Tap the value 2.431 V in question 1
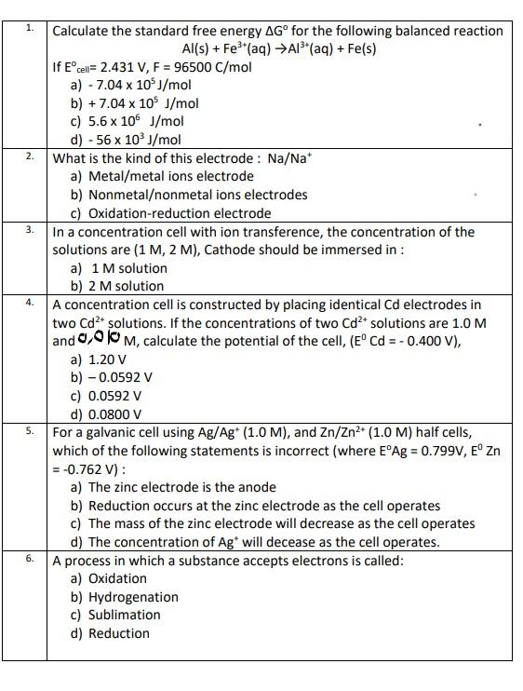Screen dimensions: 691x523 coord(122,67)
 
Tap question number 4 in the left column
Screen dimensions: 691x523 coord(30,303)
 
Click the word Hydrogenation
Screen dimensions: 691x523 coord(133,597)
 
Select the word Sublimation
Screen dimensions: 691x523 coord(124,615)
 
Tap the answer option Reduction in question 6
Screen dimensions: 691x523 coord(118,633)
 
